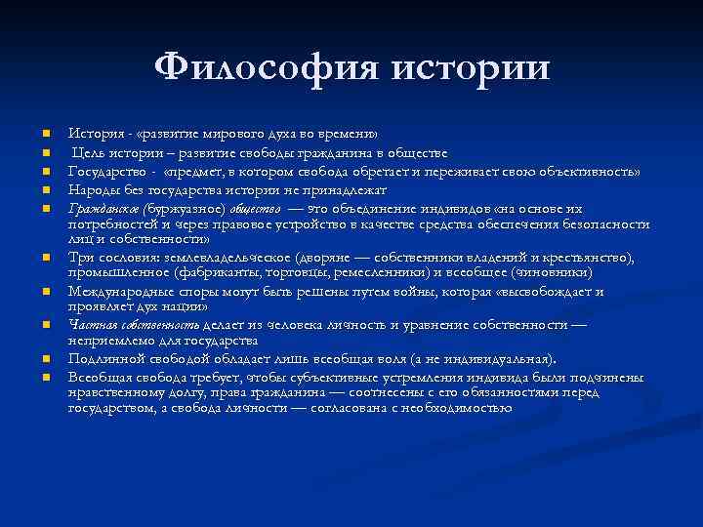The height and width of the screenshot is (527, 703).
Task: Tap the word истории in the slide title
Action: pos(470,67)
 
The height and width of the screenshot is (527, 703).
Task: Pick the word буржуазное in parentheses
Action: pos(186,208)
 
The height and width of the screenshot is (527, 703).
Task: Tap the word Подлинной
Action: pos(102,358)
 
